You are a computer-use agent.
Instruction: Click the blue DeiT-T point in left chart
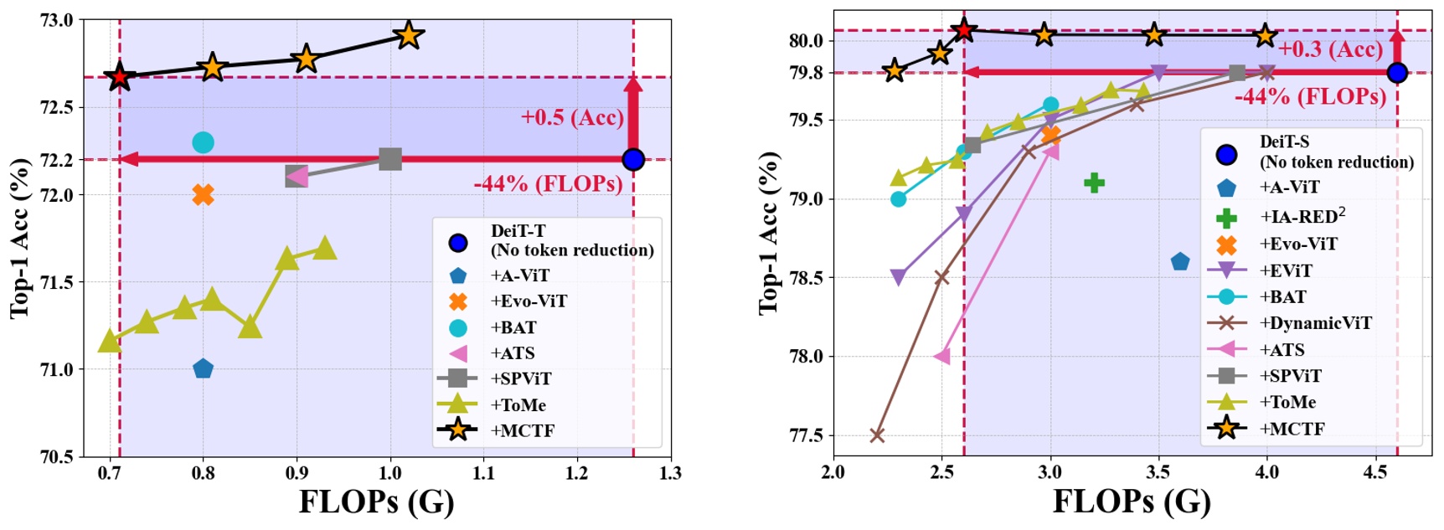coord(633,159)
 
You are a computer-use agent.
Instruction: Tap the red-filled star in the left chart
coord(120,77)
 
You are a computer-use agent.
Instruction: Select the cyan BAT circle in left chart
coord(203,142)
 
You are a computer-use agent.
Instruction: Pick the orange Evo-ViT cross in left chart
coord(203,195)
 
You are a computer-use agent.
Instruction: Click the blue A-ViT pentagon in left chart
coord(203,368)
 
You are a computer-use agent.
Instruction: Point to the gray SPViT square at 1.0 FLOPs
coord(390,159)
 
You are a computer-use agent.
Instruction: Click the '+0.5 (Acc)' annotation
coord(572,117)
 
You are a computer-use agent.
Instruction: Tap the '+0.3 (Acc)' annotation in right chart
coord(1330,49)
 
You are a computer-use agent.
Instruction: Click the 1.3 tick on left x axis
coord(670,474)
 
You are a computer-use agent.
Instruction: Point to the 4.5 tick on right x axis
coord(1375,472)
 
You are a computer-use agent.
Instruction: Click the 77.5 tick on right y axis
coord(806,435)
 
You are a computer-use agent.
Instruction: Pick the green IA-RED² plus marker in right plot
coord(1094,183)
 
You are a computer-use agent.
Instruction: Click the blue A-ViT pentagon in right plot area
coord(1180,262)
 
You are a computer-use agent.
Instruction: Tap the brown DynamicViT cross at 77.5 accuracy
coord(877,435)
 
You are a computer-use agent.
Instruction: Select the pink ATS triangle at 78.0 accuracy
coord(942,357)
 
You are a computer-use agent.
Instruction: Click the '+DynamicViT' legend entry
coord(1315,323)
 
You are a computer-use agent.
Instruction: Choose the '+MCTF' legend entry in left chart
coord(522,431)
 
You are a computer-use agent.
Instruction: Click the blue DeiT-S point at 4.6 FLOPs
coord(1396,73)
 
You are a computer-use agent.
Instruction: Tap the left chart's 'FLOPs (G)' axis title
coord(376,502)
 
